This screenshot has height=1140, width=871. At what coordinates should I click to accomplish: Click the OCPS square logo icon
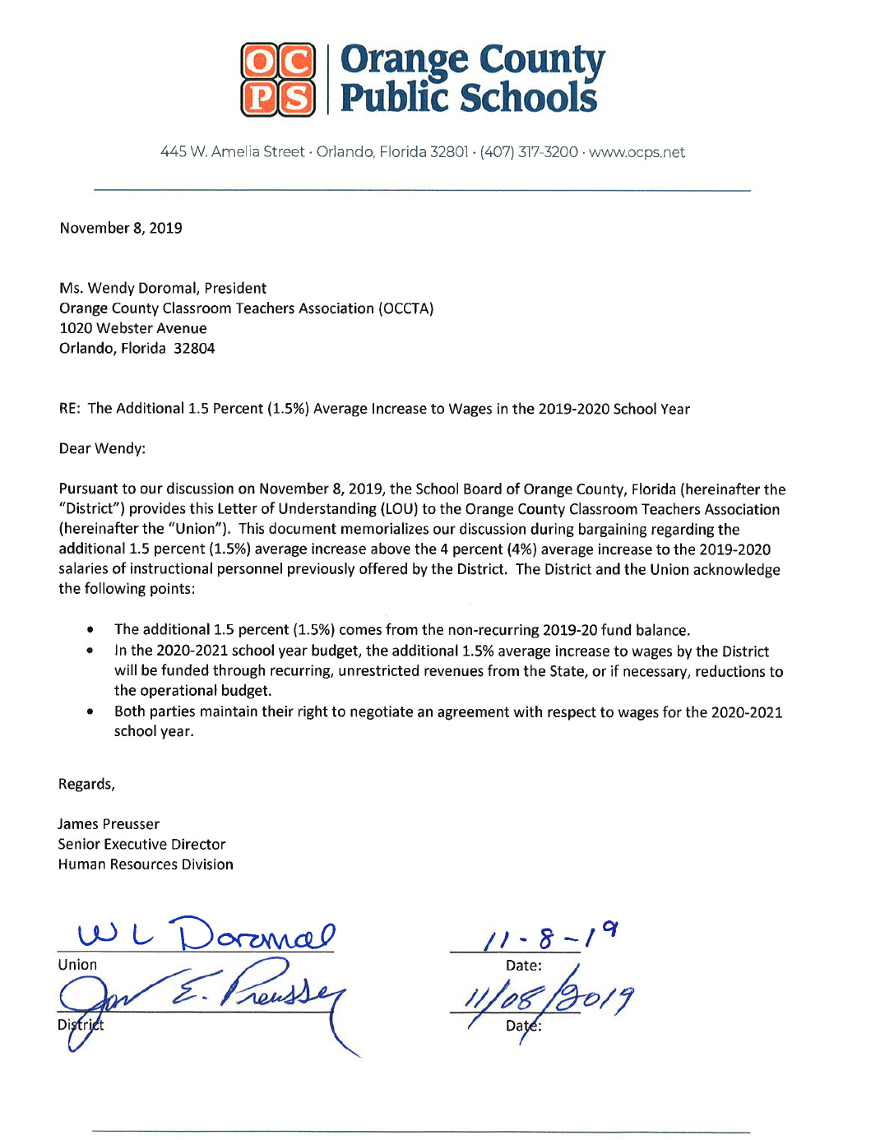pyautogui.click(x=278, y=79)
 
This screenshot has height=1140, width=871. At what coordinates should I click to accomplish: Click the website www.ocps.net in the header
pyautogui.click(x=637, y=152)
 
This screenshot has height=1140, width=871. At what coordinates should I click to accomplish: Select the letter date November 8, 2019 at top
pyautogui.click(x=121, y=228)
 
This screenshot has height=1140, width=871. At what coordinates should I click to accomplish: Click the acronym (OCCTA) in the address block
pyautogui.click(x=405, y=308)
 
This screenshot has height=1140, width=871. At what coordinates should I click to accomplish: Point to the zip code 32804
pyautogui.click(x=194, y=348)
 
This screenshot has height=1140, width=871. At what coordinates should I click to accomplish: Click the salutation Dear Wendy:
pyautogui.click(x=102, y=448)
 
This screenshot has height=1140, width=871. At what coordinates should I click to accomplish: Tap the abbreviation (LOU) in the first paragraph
pyautogui.click(x=398, y=509)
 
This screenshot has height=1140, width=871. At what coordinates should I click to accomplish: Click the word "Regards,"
pyautogui.click(x=86, y=784)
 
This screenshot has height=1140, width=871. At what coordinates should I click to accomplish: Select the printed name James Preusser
pyautogui.click(x=109, y=824)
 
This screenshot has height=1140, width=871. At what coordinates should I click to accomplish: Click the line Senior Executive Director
pyautogui.click(x=141, y=844)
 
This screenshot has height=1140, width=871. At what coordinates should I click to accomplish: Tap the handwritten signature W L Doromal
pyautogui.click(x=206, y=934)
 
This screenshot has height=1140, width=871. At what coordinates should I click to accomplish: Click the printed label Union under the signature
pyautogui.click(x=77, y=965)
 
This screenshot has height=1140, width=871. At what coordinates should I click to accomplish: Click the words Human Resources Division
pyautogui.click(x=146, y=864)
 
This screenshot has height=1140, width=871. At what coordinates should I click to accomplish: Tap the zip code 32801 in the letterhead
pyautogui.click(x=449, y=152)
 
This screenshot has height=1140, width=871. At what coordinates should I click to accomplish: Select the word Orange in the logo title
pyautogui.click(x=404, y=60)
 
